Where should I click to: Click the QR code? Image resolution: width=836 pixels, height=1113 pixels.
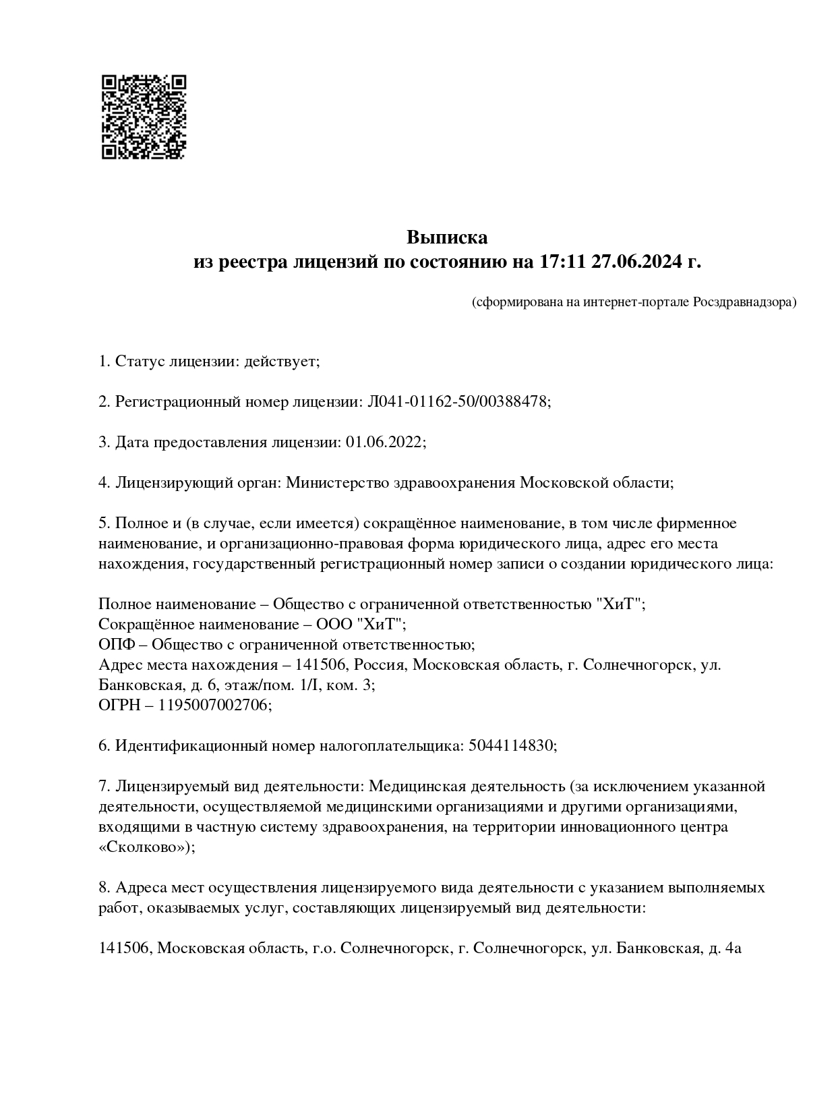click(144, 117)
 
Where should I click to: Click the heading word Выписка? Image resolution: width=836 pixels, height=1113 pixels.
click(446, 237)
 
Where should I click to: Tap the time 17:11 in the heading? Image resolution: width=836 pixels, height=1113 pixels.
click(561, 262)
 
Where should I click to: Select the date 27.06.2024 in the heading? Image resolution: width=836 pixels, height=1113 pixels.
click(636, 262)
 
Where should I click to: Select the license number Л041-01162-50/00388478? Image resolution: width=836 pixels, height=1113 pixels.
click(457, 402)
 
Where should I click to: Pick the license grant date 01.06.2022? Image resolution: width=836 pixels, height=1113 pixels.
click(384, 443)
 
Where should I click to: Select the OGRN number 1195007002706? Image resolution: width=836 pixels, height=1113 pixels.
click(213, 706)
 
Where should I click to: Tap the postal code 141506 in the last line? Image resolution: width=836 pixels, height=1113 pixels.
click(125, 948)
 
